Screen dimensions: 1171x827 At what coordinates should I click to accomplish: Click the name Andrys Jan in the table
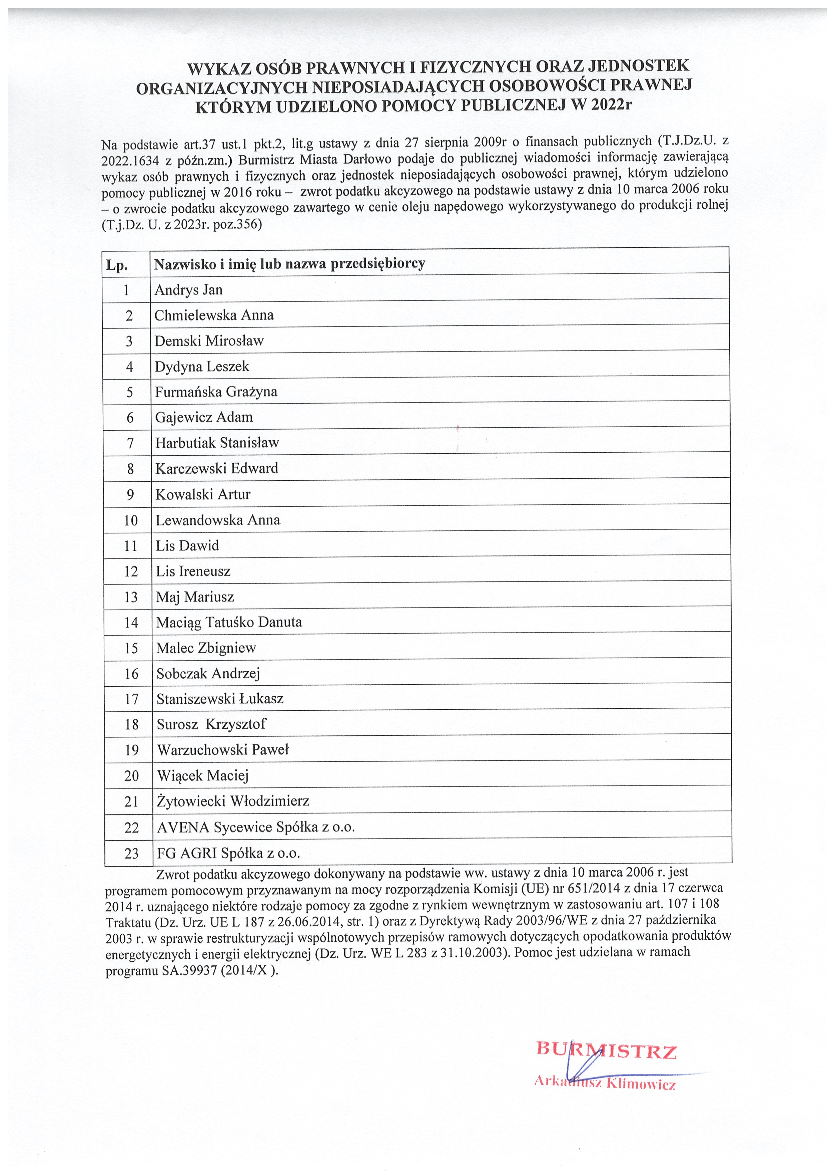pos(188,290)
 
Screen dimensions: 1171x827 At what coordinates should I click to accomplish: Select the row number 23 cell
pos(131,853)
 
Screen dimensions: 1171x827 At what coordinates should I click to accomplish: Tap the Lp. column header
pos(117,265)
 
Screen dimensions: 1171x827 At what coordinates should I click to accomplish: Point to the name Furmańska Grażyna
pos(216,392)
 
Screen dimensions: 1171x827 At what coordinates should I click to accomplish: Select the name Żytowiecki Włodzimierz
pos(233,801)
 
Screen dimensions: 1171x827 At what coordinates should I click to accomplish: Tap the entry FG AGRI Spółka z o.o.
pos(228,853)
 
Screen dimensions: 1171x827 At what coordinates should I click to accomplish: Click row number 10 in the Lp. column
pos(131,520)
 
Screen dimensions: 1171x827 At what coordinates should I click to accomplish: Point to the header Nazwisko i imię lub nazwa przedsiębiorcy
pos(289,264)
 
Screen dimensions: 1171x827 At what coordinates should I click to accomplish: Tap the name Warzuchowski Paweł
pos(223,750)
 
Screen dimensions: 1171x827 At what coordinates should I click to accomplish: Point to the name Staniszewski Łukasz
pos(220,699)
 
